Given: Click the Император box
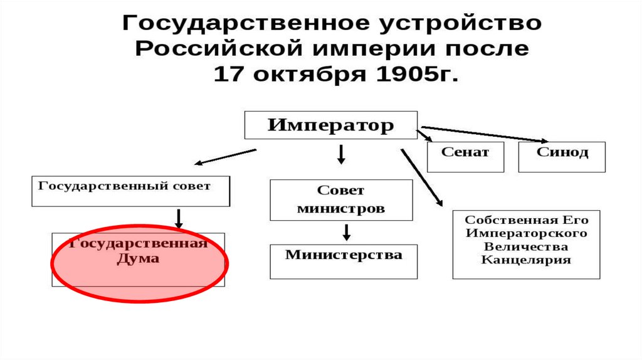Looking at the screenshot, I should pyautogui.click(x=330, y=125).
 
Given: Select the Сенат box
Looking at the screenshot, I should pyautogui.click(x=465, y=157).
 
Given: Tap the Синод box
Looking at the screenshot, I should pyautogui.click(x=562, y=157).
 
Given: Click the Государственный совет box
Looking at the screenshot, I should pyautogui.click(x=130, y=191).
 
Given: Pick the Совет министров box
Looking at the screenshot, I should pyautogui.click(x=341, y=200).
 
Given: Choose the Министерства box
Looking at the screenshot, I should pyautogui.click(x=344, y=262).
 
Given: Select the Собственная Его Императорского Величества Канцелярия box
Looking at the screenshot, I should pyautogui.click(x=526, y=245).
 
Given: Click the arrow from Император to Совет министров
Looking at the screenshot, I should pyautogui.click(x=341, y=153).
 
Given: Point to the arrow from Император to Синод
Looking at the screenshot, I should pyautogui.click(x=483, y=134).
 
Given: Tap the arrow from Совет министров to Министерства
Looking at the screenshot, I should pyautogui.click(x=346, y=232).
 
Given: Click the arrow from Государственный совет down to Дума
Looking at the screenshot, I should pyautogui.click(x=179, y=218).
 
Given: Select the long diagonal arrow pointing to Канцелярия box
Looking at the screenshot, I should pyautogui.click(x=421, y=177).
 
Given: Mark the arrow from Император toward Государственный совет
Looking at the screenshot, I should pyautogui.click(x=226, y=156).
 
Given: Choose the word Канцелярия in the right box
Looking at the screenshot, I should pyautogui.click(x=526, y=260).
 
